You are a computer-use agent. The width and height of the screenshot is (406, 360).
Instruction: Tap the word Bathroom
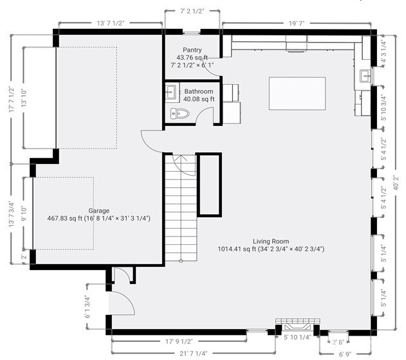(199, 91)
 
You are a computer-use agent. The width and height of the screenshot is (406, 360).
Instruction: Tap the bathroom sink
(171, 92)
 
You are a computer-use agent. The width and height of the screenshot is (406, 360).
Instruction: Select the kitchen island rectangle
(297, 93)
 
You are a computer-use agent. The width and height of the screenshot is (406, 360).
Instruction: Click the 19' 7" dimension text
(297, 22)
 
